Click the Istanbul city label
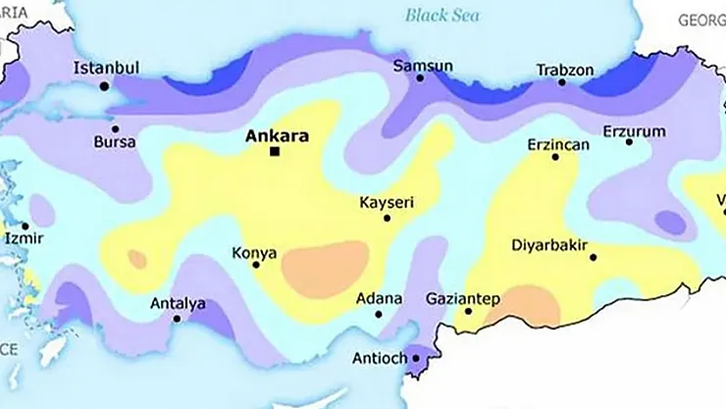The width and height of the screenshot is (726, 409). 107,68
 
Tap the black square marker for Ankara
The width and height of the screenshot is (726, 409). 275,151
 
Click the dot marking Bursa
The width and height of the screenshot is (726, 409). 115,128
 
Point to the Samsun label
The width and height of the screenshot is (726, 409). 423,67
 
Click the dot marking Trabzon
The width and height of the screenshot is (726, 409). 562,82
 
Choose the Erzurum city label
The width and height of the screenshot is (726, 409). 634,130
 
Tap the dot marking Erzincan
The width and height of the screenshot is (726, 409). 555,157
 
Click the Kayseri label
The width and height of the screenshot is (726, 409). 387,202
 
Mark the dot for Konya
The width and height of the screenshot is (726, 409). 256,265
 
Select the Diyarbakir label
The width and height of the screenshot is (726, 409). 549,245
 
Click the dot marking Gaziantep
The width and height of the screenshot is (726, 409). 468,312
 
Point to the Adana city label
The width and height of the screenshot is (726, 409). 379,297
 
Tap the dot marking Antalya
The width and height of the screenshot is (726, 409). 177,318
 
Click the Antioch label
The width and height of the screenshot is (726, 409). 379,358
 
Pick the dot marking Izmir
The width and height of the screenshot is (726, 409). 25,226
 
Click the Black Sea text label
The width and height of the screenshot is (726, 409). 441,15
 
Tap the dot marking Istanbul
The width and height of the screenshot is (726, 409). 104,86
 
